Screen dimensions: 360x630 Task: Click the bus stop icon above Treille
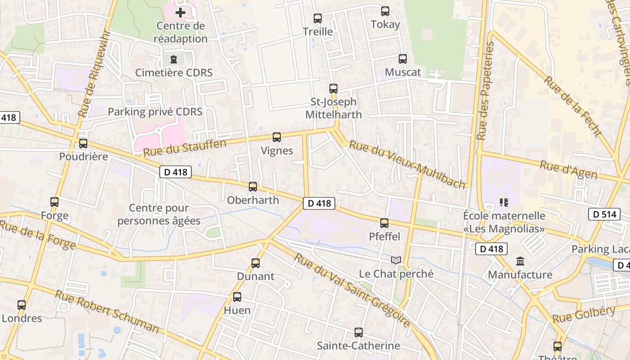pyautogui.click(x=318, y=18)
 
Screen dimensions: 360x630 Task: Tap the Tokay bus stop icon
pyautogui.click(x=385, y=11)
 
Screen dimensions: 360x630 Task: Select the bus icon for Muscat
pyautogui.click(x=403, y=59)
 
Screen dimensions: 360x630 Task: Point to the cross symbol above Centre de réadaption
pyautogui.click(x=180, y=13)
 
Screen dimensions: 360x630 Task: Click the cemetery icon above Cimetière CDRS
pyautogui.click(x=174, y=59)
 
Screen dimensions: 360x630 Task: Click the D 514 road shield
pyautogui.click(x=604, y=214)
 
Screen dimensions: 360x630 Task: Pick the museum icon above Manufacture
pyautogui.click(x=521, y=261)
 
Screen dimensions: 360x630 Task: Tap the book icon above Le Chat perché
pyautogui.click(x=396, y=261)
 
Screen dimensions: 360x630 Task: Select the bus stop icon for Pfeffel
pyautogui.click(x=384, y=223)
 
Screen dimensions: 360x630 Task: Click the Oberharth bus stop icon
pyautogui.click(x=253, y=187)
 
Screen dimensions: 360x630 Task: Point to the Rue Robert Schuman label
pyautogui.click(x=107, y=311)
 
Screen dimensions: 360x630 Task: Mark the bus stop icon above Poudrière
pyautogui.click(x=83, y=144)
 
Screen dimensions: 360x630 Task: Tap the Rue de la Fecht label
pyautogui.click(x=573, y=106)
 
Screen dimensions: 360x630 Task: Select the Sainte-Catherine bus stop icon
pyautogui.click(x=359, y=333)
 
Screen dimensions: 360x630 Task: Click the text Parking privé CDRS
pyautogui.click(x=155, y=112)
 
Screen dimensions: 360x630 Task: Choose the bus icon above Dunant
pyautogui.click(x=256, y=263)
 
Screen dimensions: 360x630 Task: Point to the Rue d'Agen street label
pyautogui.click(x=568, y=170)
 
